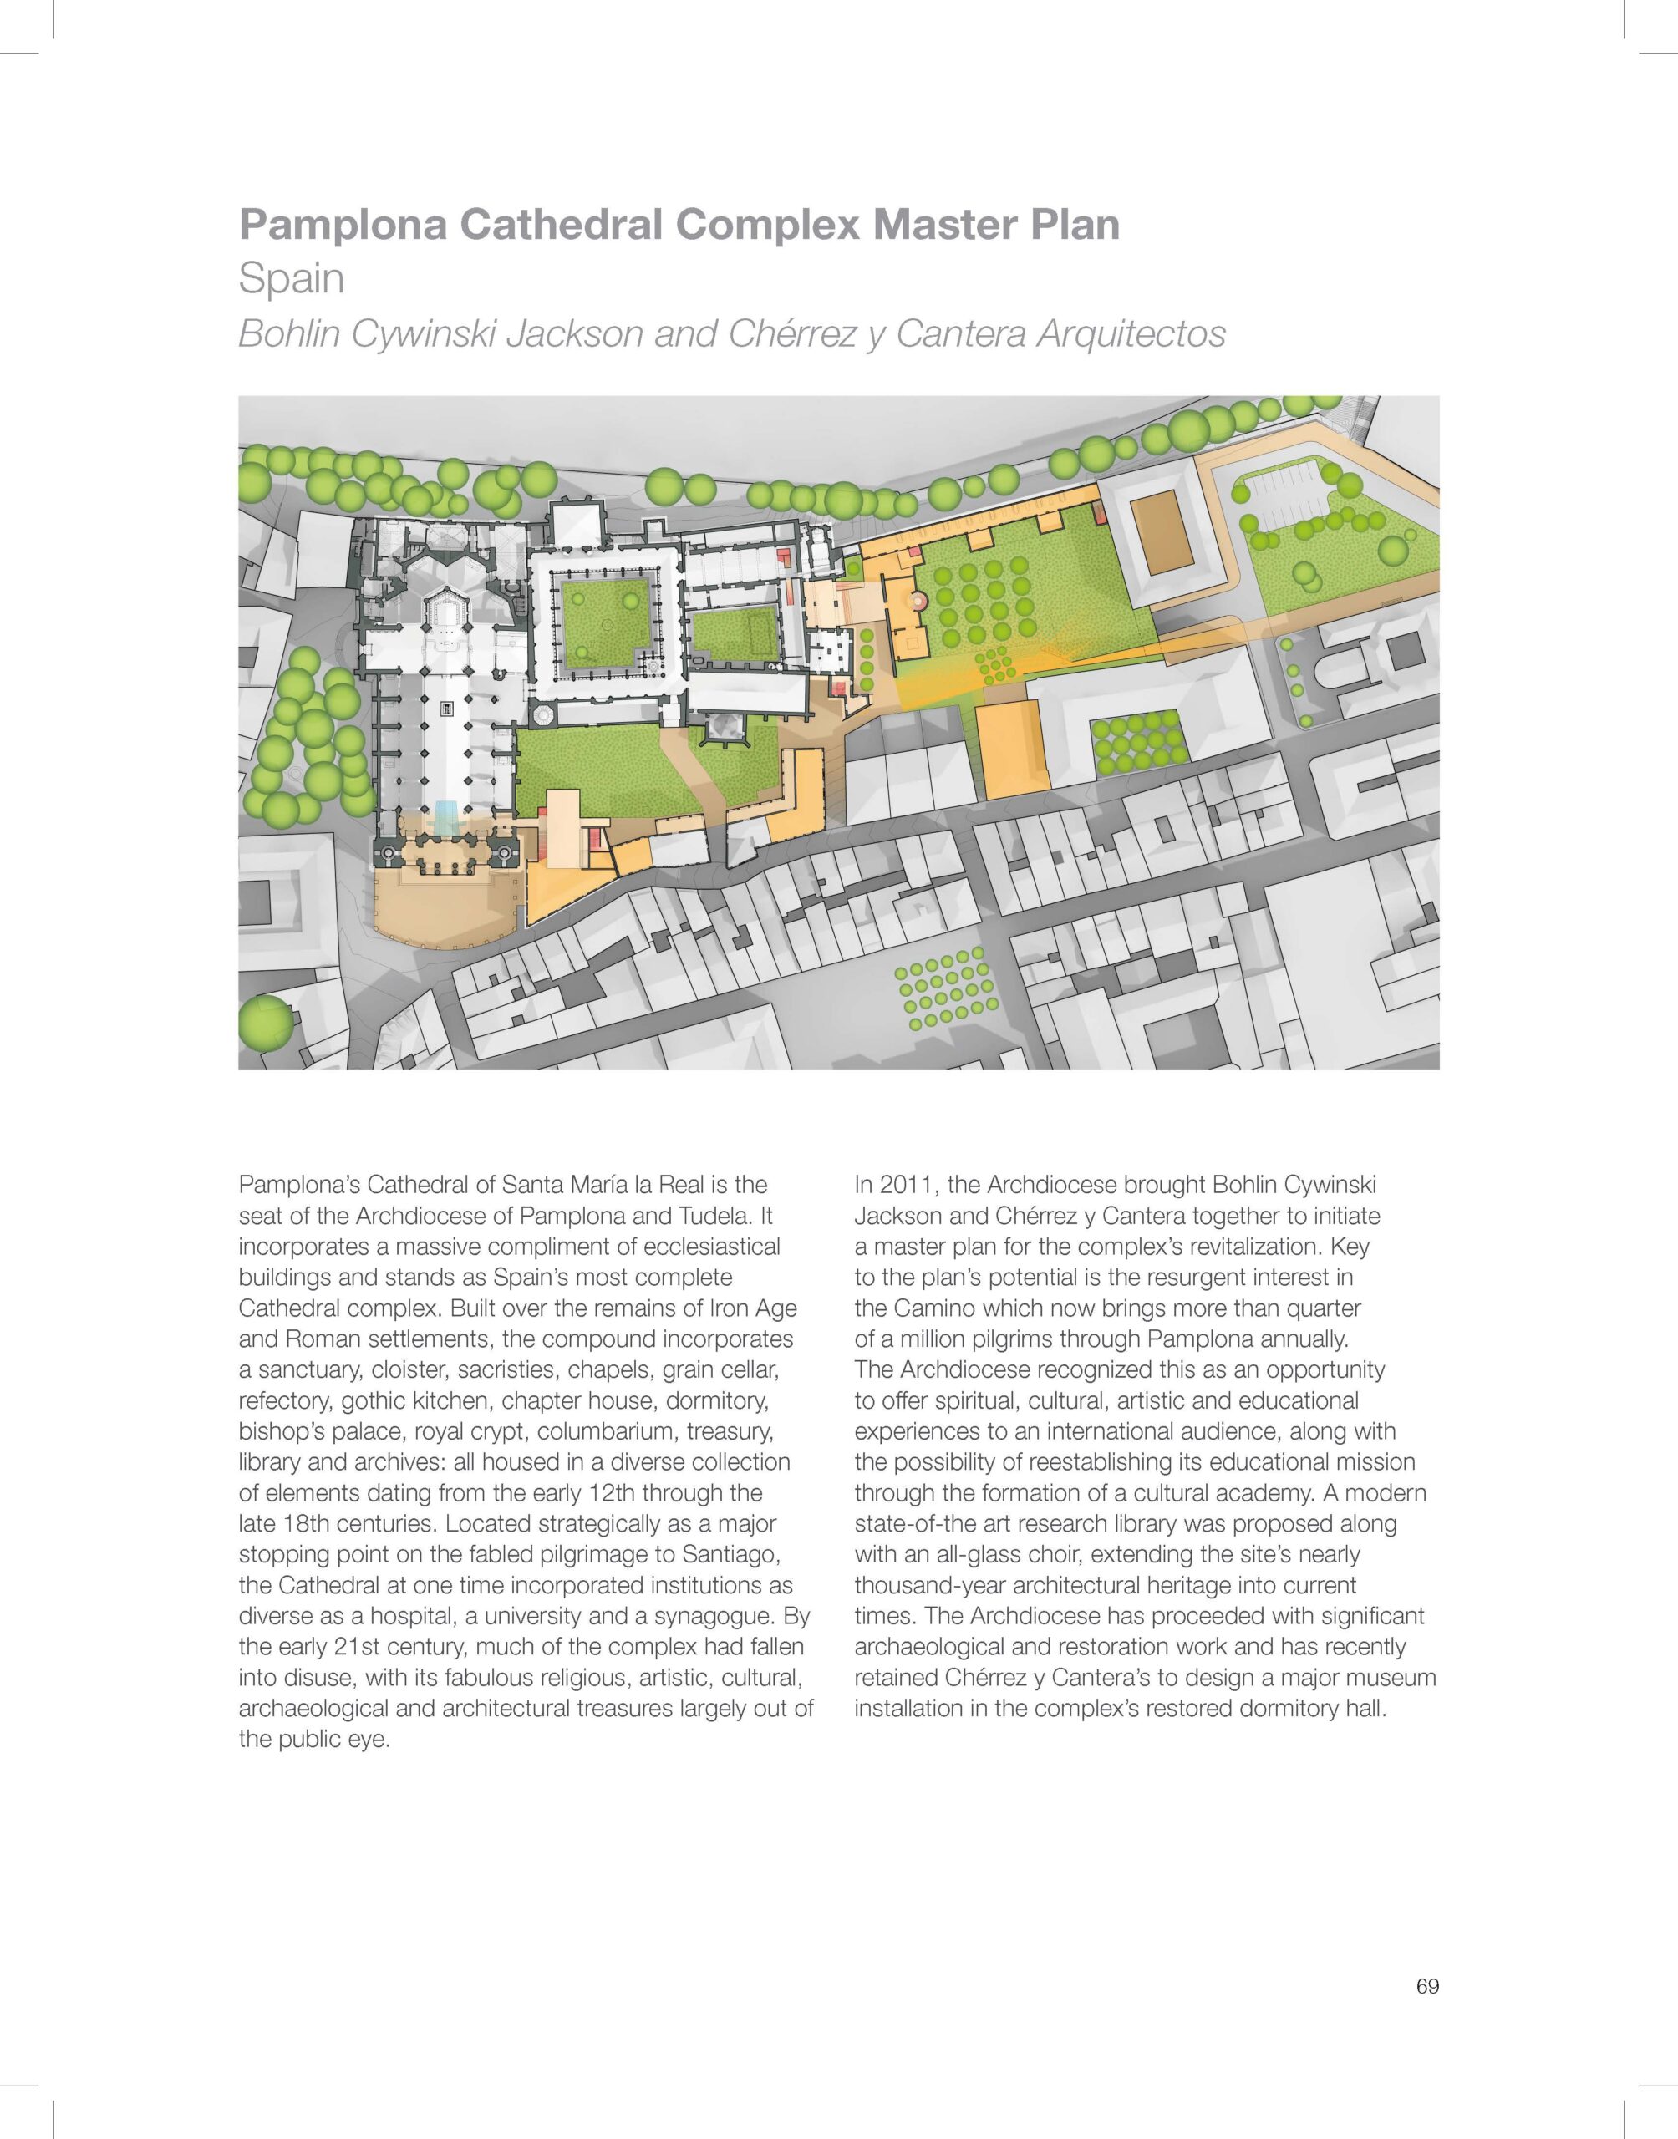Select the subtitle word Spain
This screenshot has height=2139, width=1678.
pyautogui.click(x=292, y=279)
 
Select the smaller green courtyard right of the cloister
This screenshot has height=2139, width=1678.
pyautogui.click(x=734, y=634)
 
